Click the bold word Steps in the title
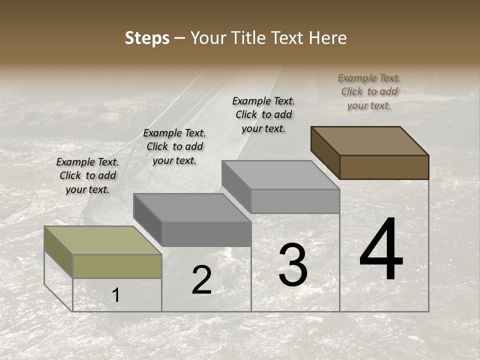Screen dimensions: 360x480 (147, 38)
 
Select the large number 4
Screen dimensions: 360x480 (381, 249)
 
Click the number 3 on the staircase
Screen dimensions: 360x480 (292, 265)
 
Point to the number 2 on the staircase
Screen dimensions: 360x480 (201, 280)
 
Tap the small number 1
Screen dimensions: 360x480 (116, 295)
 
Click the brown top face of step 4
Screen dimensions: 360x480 (370, 140)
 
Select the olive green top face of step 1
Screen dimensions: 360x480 (103, 240)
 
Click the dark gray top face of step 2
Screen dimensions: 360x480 (192, 207)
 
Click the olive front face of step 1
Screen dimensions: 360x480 (117, 266)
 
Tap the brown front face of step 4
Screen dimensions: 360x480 (384, 167)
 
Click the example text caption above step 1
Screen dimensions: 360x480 (87, 175)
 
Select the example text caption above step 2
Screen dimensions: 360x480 (174, 146)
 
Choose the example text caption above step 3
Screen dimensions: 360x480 (263, 114)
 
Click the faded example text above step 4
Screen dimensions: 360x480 (369, 91)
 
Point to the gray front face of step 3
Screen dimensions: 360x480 (295, 201)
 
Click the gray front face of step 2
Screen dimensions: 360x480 (206, 234)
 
